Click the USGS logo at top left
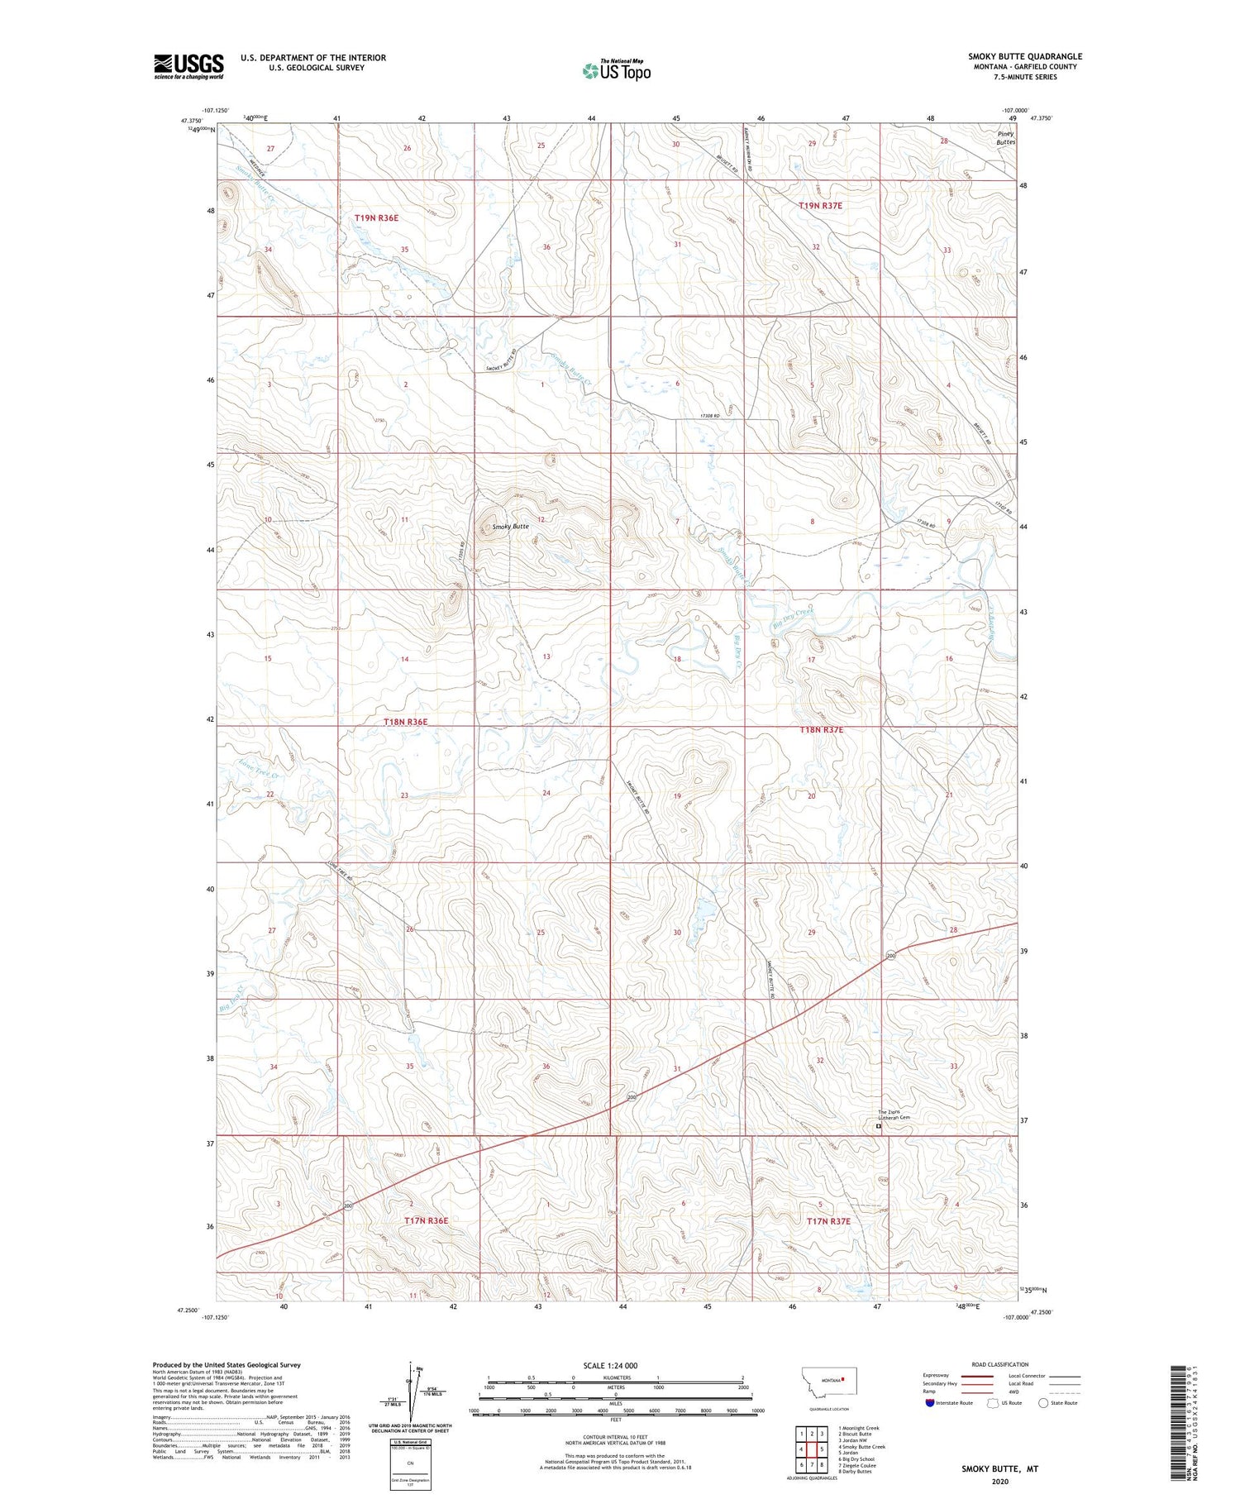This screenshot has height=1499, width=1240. tap(188, 66)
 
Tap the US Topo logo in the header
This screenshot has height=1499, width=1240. tap(617, 70)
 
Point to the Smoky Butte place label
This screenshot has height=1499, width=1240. tap(510, 527)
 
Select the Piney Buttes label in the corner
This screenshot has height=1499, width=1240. tap(1005, 137)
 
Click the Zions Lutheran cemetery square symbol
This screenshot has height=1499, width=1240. tap(878, 1125)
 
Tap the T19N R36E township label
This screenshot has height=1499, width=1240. tap(376, 218)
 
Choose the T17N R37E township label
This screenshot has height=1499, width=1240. tap(828, 1220)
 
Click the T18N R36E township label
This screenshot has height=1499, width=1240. tap(405, 722)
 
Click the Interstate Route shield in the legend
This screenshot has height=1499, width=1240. tap(929, 1403)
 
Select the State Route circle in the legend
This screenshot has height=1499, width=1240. tap(1043, 1403)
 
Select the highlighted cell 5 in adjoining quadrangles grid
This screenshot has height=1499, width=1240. tap(822, 1449)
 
